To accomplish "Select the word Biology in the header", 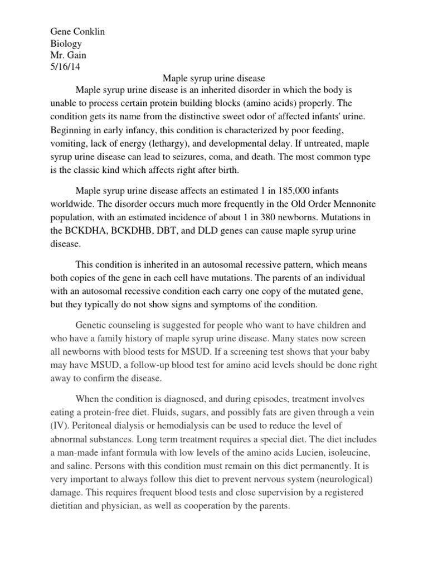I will click(x=66, y=43).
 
